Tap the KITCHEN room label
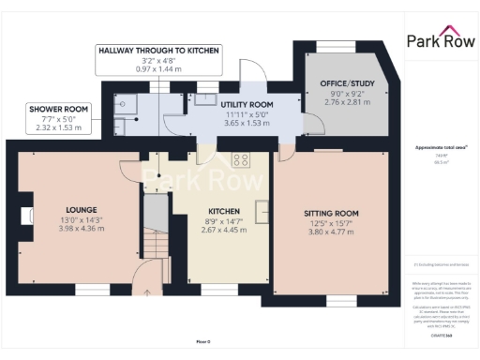(x=222, y=212)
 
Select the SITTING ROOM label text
(x=333, y=213)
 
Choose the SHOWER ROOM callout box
(x=57, y=117)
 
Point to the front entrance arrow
(x=142, y=278)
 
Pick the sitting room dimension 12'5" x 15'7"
(x=333, y=222)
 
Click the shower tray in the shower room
(x=127, y=104)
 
